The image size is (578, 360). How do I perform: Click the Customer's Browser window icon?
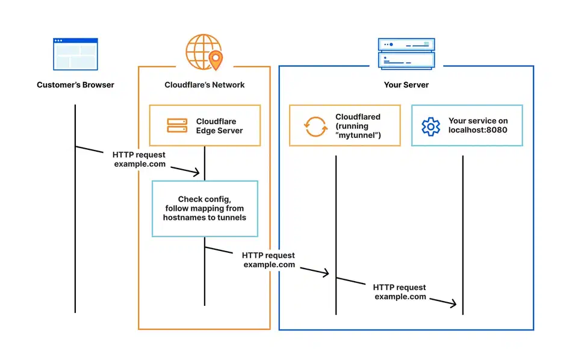coord(75,54)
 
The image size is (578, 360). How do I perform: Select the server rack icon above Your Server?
coord(406,52)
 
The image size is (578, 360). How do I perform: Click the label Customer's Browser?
coord(75,85)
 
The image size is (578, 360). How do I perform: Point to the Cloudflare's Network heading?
coord(205,85)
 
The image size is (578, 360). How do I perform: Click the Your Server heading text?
coord(406,85)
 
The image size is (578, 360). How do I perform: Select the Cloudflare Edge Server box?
coord(205,125)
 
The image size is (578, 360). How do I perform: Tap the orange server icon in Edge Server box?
coord(177,126)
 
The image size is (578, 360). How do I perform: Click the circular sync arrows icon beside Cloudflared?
coord(315,126)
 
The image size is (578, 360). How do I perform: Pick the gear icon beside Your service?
coord(430,126)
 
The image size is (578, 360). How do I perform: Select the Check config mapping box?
coord(205,208)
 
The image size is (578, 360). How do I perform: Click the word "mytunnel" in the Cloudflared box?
coord(360,135)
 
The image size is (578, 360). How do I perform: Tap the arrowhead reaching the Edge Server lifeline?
coord(196,173)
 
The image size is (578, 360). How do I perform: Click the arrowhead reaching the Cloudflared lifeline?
coord(326,273)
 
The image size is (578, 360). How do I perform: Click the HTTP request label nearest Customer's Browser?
coord(139,160)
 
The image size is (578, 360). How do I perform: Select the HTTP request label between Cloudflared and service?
coord(400,292)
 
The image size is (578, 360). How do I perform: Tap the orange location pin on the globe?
coord(214,59)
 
